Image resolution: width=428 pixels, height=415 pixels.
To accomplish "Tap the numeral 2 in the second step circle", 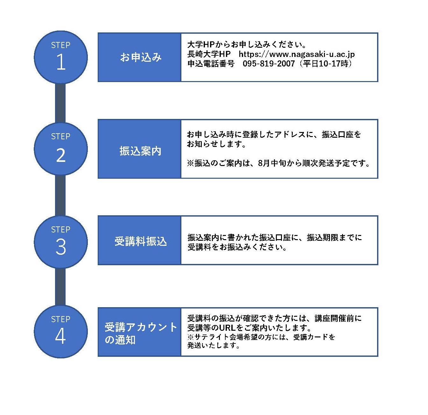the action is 61,155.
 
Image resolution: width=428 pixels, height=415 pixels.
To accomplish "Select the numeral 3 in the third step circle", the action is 61,247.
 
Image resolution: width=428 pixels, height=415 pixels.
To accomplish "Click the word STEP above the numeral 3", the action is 61,230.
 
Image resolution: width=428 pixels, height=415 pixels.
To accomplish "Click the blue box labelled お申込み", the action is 139,57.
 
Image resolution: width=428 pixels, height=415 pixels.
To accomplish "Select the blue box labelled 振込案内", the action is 139,149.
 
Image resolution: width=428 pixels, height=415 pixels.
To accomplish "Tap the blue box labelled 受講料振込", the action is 139,240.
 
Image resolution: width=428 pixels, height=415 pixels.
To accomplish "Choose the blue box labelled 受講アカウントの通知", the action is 139,332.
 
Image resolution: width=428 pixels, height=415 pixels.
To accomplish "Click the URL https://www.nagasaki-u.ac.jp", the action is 297,54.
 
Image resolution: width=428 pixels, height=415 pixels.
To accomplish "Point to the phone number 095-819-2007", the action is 269,64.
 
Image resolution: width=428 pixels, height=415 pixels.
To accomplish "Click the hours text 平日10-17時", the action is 326,64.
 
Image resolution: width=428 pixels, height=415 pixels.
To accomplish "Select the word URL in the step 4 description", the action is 228,328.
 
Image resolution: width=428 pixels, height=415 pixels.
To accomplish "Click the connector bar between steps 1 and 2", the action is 60,103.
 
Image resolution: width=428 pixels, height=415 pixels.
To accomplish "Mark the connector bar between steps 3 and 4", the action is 60,287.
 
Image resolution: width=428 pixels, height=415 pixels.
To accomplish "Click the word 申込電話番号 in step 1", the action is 211,64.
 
